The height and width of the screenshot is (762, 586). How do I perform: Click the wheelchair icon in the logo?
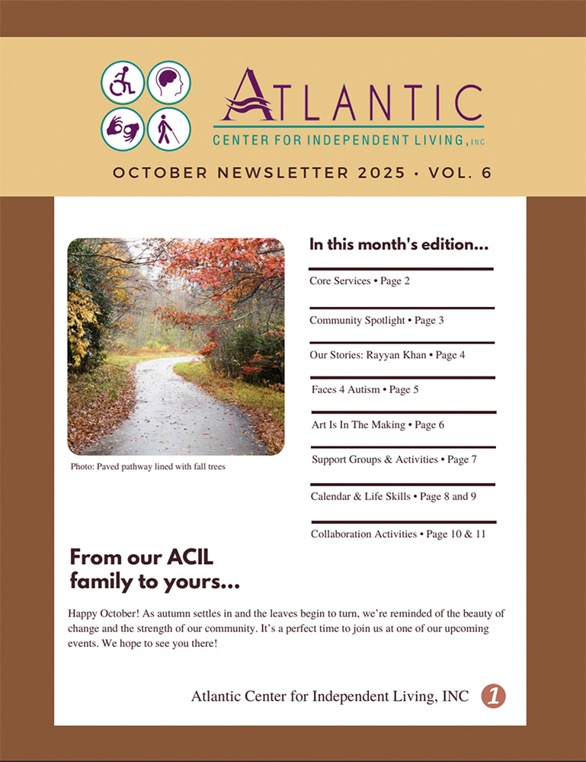tap(123, 82)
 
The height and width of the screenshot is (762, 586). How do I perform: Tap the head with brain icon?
tap(168, 82)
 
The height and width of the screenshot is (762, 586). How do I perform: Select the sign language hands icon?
tap(123, 129)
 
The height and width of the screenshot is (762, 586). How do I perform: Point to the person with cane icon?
tap(168, 129)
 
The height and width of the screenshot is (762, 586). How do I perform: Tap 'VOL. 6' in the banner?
tap(460, 173)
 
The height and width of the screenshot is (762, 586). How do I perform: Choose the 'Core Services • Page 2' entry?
tap(360, 281)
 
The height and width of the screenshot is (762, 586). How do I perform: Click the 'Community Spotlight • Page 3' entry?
tap(376, 320)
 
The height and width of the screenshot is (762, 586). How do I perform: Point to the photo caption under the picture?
tap(148, 466)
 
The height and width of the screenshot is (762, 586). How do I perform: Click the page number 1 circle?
tap(494, 695)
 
